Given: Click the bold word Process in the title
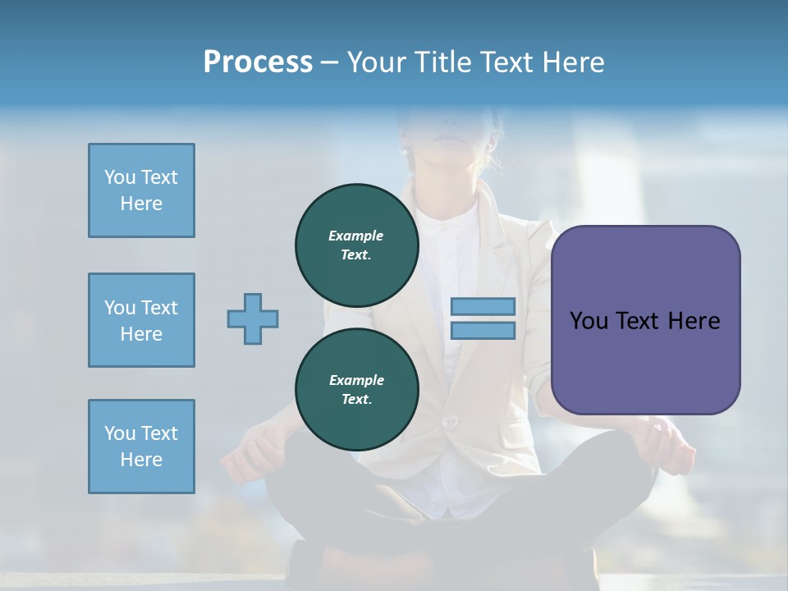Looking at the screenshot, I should (258, 62).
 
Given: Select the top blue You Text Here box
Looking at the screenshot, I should (141, 190).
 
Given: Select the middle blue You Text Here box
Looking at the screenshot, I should (141, 320).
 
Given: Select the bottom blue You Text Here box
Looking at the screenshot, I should (141, 447).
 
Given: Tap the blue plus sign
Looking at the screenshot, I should (253, 318).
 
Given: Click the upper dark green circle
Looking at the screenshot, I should (356, 245).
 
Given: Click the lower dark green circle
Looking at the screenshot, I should (356, 389).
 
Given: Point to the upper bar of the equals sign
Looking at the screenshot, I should (483, 306).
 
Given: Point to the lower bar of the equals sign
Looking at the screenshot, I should (483, 331).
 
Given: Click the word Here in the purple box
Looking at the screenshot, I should (694, 321).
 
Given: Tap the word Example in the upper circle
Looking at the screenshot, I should (355, 236).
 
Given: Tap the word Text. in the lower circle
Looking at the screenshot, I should (356, 400).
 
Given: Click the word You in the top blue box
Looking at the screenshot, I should (119, 177).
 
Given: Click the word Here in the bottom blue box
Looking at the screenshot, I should (141, 460).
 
